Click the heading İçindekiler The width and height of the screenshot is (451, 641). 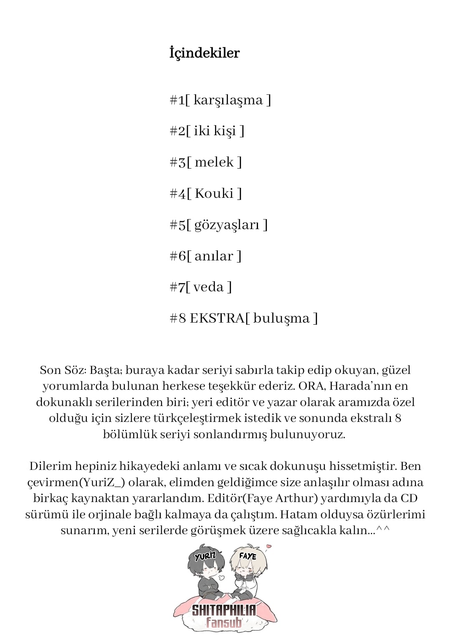click(x=204, y=53)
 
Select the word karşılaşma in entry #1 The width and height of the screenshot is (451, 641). click(x=228, y=101)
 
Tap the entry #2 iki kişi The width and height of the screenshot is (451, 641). click(x=207, y=131)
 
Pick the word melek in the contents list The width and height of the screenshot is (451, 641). click(x=214, y=162)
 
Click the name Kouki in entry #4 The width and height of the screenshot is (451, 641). click(x=214, y=194)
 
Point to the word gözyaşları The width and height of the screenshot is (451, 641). click(x=227, y=225)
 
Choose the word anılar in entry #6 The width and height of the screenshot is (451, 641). click(x=214, y=256)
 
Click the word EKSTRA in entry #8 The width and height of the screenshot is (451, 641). click(x=217, y=318)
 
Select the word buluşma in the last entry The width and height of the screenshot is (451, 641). click(x=281, y=318)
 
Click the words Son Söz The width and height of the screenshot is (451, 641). click(x=63, y=370)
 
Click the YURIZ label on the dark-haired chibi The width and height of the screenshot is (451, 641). click(x=205, y=556)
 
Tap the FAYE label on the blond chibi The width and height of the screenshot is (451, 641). click(x=247, y=556)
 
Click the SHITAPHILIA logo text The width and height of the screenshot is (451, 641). click(x=224, y=610)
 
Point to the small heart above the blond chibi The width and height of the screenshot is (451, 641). click(x=268, y=546)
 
